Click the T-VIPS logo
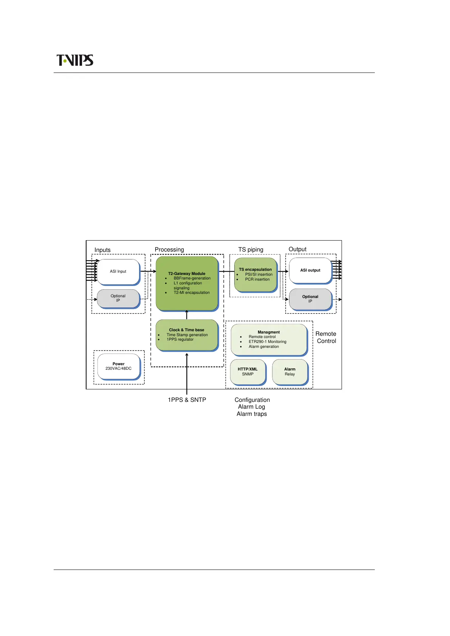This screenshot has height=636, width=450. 75,60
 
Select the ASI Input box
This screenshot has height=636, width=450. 118,272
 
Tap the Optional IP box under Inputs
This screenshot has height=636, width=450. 118,298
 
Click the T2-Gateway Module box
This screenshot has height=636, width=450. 187,283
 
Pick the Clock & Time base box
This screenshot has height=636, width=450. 187,335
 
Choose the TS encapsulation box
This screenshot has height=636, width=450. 255,275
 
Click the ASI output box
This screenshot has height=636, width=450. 310,270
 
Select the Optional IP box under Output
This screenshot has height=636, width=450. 310,299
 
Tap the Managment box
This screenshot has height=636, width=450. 269,340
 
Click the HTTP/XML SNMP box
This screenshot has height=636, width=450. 248,372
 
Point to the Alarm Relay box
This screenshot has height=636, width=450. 290,372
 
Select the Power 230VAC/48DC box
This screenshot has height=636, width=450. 119,366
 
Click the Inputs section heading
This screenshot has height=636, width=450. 102,250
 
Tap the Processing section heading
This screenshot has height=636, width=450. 169,250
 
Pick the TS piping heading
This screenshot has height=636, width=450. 251,250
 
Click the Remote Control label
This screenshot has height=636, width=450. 326,337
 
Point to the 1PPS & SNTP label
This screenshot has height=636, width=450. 187,400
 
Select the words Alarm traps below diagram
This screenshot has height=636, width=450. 252,414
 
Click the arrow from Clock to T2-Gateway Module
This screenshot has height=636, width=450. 187,315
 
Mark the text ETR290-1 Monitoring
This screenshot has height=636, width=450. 268,342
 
